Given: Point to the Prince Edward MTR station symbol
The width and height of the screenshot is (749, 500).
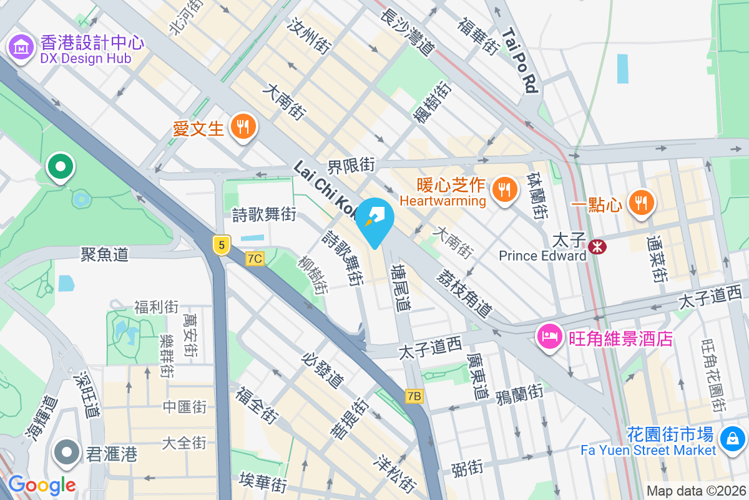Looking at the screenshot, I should tap(597, 247).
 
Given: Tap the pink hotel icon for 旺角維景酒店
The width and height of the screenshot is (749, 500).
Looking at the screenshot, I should tap(549, 337).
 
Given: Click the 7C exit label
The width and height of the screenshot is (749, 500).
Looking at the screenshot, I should tap(255, 258).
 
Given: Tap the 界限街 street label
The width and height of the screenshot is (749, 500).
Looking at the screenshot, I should tap(351, 165).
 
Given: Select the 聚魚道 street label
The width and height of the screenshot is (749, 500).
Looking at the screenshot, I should tap(104, 254).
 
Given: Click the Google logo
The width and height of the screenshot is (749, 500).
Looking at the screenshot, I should tap(42, 484).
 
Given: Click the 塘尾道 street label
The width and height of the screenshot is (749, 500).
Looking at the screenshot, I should tap(401, 287).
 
